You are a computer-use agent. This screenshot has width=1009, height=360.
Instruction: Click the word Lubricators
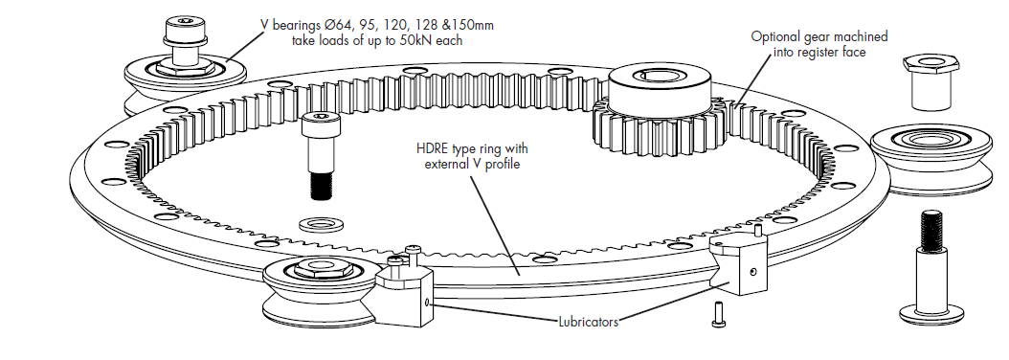click(588, 322)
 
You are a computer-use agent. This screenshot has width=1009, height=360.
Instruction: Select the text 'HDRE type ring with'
click(472, 149)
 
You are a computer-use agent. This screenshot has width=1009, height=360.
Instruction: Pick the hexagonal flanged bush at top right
click(931, 81)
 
